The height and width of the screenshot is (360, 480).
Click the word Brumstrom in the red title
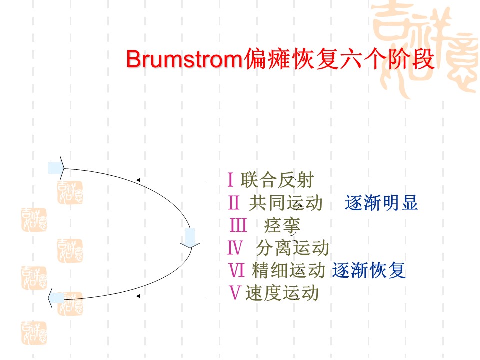click(185, 59)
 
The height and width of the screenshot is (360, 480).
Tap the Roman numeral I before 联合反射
click(231, 179)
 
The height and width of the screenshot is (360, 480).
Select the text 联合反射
click(277, 180)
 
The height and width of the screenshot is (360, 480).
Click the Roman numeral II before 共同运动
click(234, 202)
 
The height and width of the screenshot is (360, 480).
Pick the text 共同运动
click(286, 203)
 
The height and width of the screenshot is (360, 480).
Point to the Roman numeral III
click(238, 225)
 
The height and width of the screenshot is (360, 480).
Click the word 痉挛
click(282, 226)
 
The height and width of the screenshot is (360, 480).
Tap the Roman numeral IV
click(235, 248)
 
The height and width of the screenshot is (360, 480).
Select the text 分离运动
click(292, 248)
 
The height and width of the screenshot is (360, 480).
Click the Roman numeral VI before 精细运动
click(237, 270)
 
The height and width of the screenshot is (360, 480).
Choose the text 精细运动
click(288, 270)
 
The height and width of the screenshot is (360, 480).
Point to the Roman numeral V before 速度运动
click(235, 293)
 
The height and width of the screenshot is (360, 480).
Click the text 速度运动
click(282, 293)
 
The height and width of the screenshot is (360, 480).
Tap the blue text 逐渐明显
click(381, 203)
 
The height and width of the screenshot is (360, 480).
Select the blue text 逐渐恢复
click(369, 270)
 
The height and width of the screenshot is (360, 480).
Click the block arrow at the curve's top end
click(56, 168)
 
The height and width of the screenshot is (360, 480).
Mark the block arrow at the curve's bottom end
click(56, 298)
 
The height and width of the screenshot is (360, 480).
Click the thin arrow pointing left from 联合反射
click(170, 180)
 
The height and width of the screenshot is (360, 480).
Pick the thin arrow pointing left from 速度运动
click(170, 296)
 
